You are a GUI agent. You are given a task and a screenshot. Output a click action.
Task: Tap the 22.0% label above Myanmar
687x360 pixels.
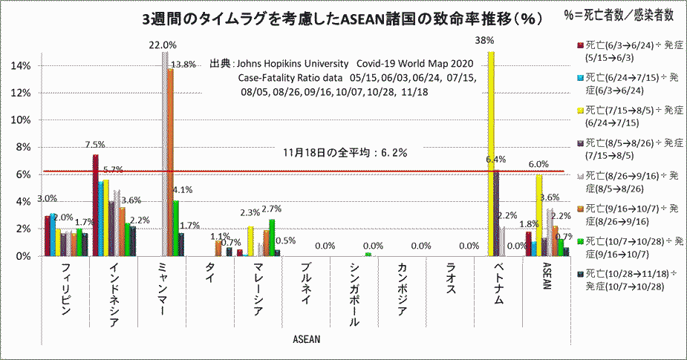click(163, 45)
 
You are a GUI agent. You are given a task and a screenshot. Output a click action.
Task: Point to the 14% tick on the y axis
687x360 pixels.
click(21, 65)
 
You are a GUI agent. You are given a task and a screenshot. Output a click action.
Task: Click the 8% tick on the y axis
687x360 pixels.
click(23, 147)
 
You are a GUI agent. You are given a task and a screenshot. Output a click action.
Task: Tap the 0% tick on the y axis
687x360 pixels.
click(23, 256)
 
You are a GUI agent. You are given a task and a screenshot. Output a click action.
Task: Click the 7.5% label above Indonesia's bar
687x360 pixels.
click(94, 145)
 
